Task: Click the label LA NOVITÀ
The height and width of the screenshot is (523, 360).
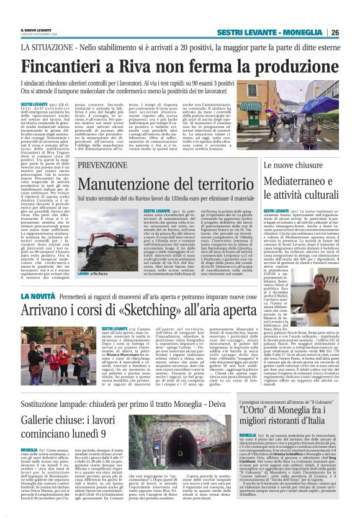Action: point(40,298)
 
